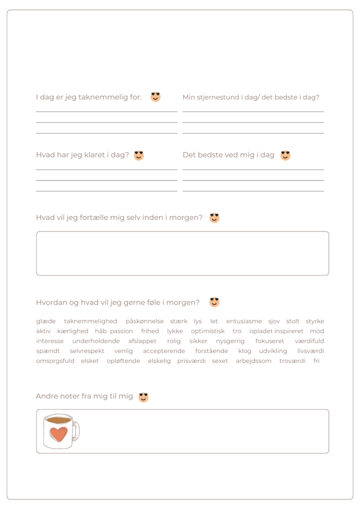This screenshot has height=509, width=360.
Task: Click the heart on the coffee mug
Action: [x=59, y=434]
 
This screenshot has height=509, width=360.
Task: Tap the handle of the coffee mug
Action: [x=76, y=431]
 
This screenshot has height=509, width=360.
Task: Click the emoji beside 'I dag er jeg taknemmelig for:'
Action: [x=156, y=97]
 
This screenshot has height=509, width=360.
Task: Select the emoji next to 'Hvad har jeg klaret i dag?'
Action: [x=139, y=155]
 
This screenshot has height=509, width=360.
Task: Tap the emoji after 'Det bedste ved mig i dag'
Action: [x=285, y=155]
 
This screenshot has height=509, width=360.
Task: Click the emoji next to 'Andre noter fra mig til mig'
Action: [x=143, y=397]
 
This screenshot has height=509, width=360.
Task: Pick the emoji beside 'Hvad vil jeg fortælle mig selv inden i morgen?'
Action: [x=214, y=217]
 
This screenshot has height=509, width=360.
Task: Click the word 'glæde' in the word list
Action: [x=46, y=322]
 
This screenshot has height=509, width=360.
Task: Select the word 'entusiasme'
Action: [x=244, y=322]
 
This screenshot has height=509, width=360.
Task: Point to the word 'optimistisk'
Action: [x=208, y=331]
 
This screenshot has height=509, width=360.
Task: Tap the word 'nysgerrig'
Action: [x=230, y=341]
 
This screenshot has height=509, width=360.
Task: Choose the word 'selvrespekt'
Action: [x=87, y=351]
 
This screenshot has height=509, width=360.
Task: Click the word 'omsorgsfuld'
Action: [x=55, y=361]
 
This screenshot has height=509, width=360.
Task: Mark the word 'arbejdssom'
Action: [x=254, y=361]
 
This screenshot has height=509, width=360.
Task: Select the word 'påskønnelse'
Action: [x=145, y=322]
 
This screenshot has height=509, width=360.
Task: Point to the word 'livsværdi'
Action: [x=311, y=351]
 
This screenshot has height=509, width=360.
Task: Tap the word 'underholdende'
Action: [x=96, y=341]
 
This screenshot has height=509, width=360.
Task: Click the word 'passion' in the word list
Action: [x=121, y=331]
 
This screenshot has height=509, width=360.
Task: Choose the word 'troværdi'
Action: [x=292, y=361]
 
